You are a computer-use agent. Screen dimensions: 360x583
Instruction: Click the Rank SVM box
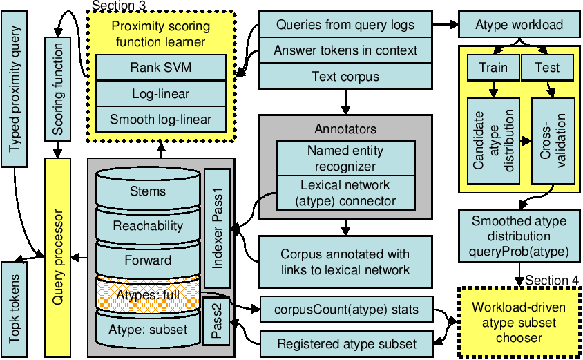[161, 68]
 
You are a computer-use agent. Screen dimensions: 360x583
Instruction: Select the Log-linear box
[161, 94]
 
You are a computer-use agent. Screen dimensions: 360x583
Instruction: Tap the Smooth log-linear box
[161, 120]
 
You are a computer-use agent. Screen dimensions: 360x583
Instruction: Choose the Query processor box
[58, 255]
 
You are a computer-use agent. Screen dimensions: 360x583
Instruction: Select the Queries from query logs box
[345, 26]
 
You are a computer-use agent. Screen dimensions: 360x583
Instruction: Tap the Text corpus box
[345, 77]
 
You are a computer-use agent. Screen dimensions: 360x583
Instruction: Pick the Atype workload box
[519, 26]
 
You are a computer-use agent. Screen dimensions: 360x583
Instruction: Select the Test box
[547, 68]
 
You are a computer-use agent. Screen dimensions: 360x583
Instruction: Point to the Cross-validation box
[552, 141]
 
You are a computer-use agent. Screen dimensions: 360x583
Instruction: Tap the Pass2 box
[216, 322]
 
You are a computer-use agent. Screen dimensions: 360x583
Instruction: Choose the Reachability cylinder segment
[148, 225]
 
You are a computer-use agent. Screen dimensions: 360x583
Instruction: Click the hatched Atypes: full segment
[148, 294]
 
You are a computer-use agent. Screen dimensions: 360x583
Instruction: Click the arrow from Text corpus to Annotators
[345, 102]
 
